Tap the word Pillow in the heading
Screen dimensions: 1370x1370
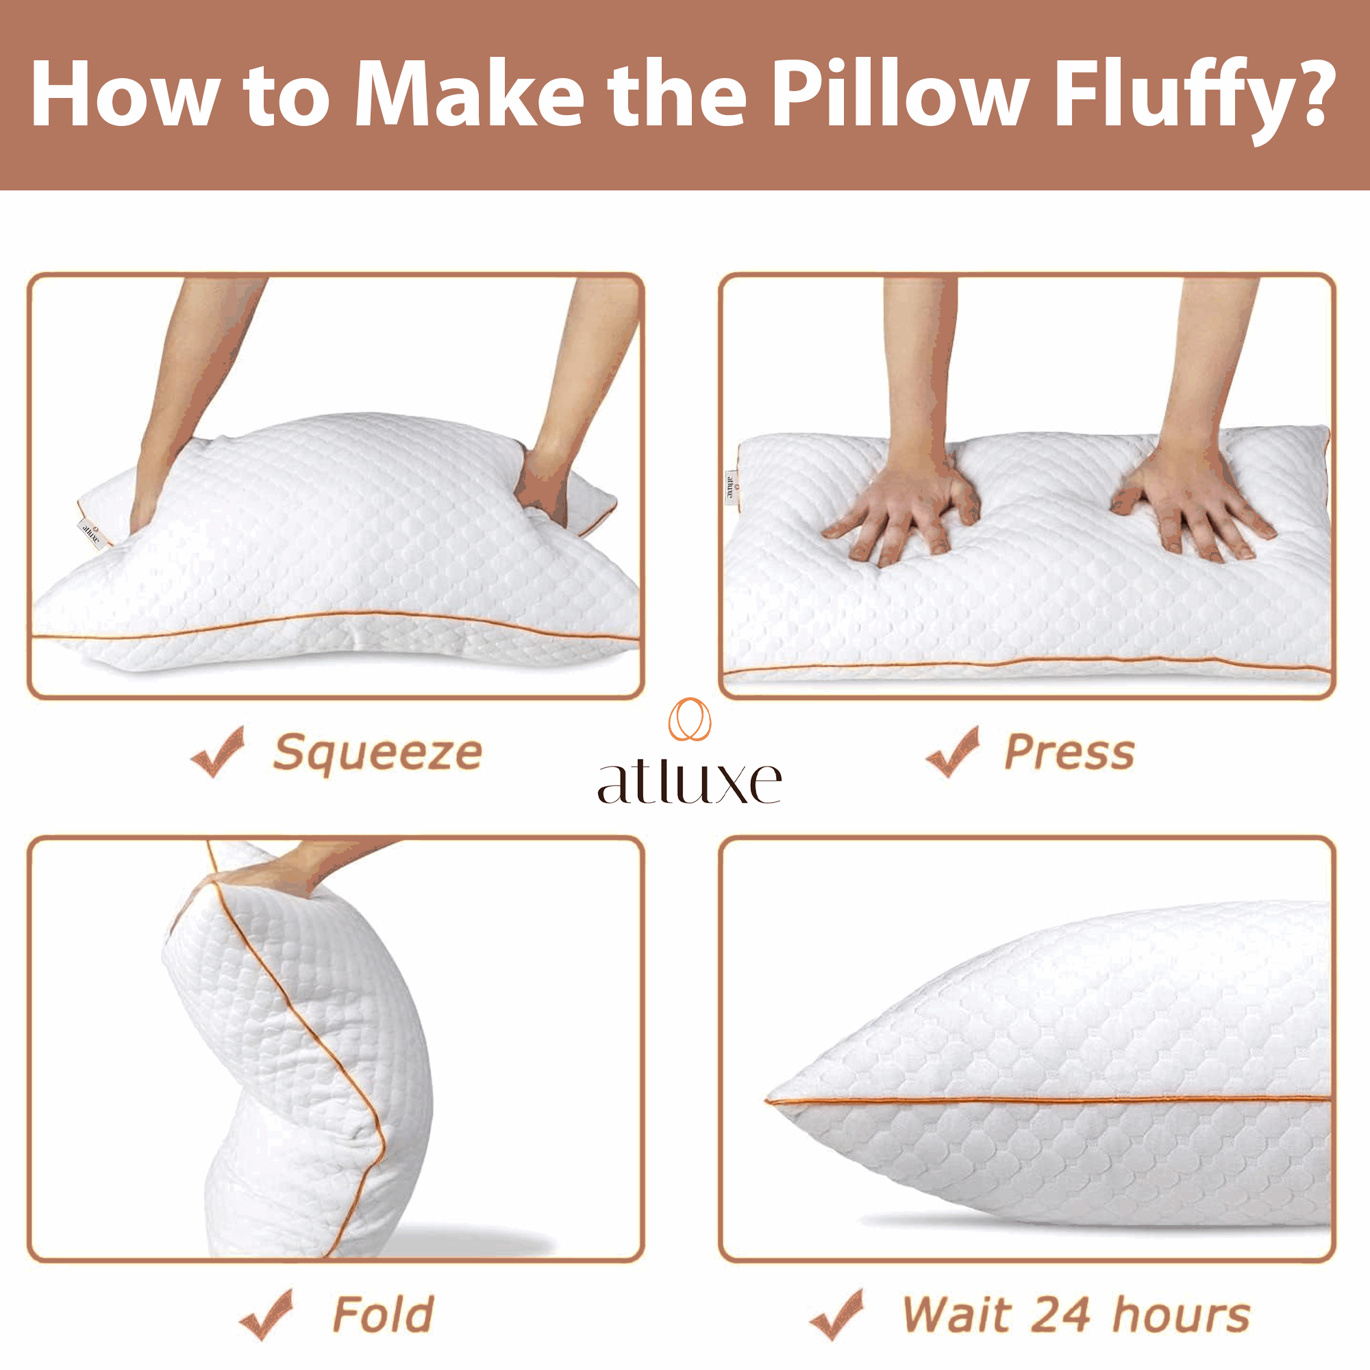click(901, 93)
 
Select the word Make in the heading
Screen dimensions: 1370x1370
click(469, 93)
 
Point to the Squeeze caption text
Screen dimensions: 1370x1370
click(378, 754)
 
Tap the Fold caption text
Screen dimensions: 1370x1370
click(383, 1315)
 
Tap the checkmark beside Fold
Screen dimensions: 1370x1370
click(266, 1315)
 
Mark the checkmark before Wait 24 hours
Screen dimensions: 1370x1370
click(838, 1315)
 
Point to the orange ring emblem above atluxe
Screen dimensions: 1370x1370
click(689, 720)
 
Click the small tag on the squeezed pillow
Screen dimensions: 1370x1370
click(92, 533)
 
